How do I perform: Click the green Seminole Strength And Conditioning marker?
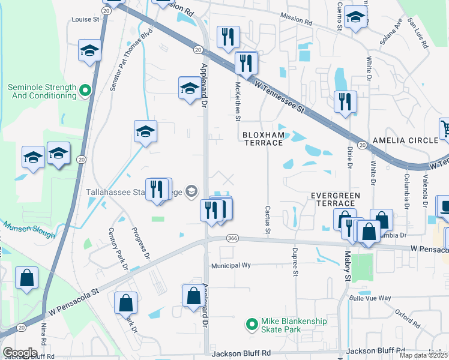point(85,91)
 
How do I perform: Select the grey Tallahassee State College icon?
point(191,192)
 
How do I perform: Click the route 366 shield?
point(233,238)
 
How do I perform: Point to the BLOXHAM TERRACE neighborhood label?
point(262,139)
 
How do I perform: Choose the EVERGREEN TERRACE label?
point(335,200)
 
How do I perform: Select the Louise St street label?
point(85,19)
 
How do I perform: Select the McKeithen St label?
point(238,101)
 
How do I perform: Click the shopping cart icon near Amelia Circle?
point(445,128)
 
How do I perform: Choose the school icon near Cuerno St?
point(355,17)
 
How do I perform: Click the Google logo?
point(19,352)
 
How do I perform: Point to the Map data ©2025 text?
point(424,355)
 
